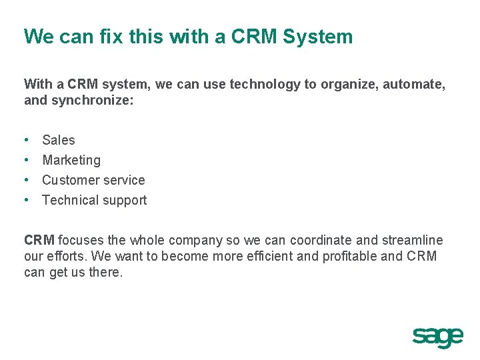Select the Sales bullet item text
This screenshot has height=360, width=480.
click(x=59, y=140)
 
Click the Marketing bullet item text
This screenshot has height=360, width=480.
click(x=71, y=160)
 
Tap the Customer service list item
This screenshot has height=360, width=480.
click(x=93, y=180)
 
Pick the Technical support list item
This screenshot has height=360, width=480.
click(x=94, y=200)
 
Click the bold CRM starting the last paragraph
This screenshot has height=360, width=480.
click(x=39, y=240)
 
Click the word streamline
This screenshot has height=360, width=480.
click(x=411, y=240)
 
